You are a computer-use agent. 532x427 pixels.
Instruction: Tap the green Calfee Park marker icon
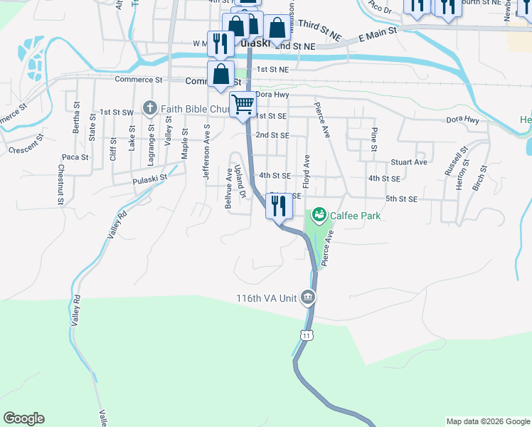click(319, 213)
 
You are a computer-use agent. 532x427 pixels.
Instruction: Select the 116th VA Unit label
click(266, 297)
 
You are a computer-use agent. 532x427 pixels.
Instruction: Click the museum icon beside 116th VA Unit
click(307, 297)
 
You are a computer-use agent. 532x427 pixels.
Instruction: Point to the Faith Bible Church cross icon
click(149, 108)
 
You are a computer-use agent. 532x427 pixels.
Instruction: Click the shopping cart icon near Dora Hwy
click(243, 105)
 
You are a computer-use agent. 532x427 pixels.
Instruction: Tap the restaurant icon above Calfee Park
click(278, 206)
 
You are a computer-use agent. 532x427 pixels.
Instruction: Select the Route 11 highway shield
click(306, 334)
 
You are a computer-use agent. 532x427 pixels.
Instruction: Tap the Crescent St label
click(23, 149)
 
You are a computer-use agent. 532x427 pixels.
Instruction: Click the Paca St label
click(75, 157)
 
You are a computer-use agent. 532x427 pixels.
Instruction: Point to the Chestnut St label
click(61, 187)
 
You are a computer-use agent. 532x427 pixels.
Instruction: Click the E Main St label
click(377, 33)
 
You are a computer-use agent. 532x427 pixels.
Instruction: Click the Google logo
click(23, 418)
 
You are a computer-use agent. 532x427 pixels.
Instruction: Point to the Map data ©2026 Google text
click(488, 421)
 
